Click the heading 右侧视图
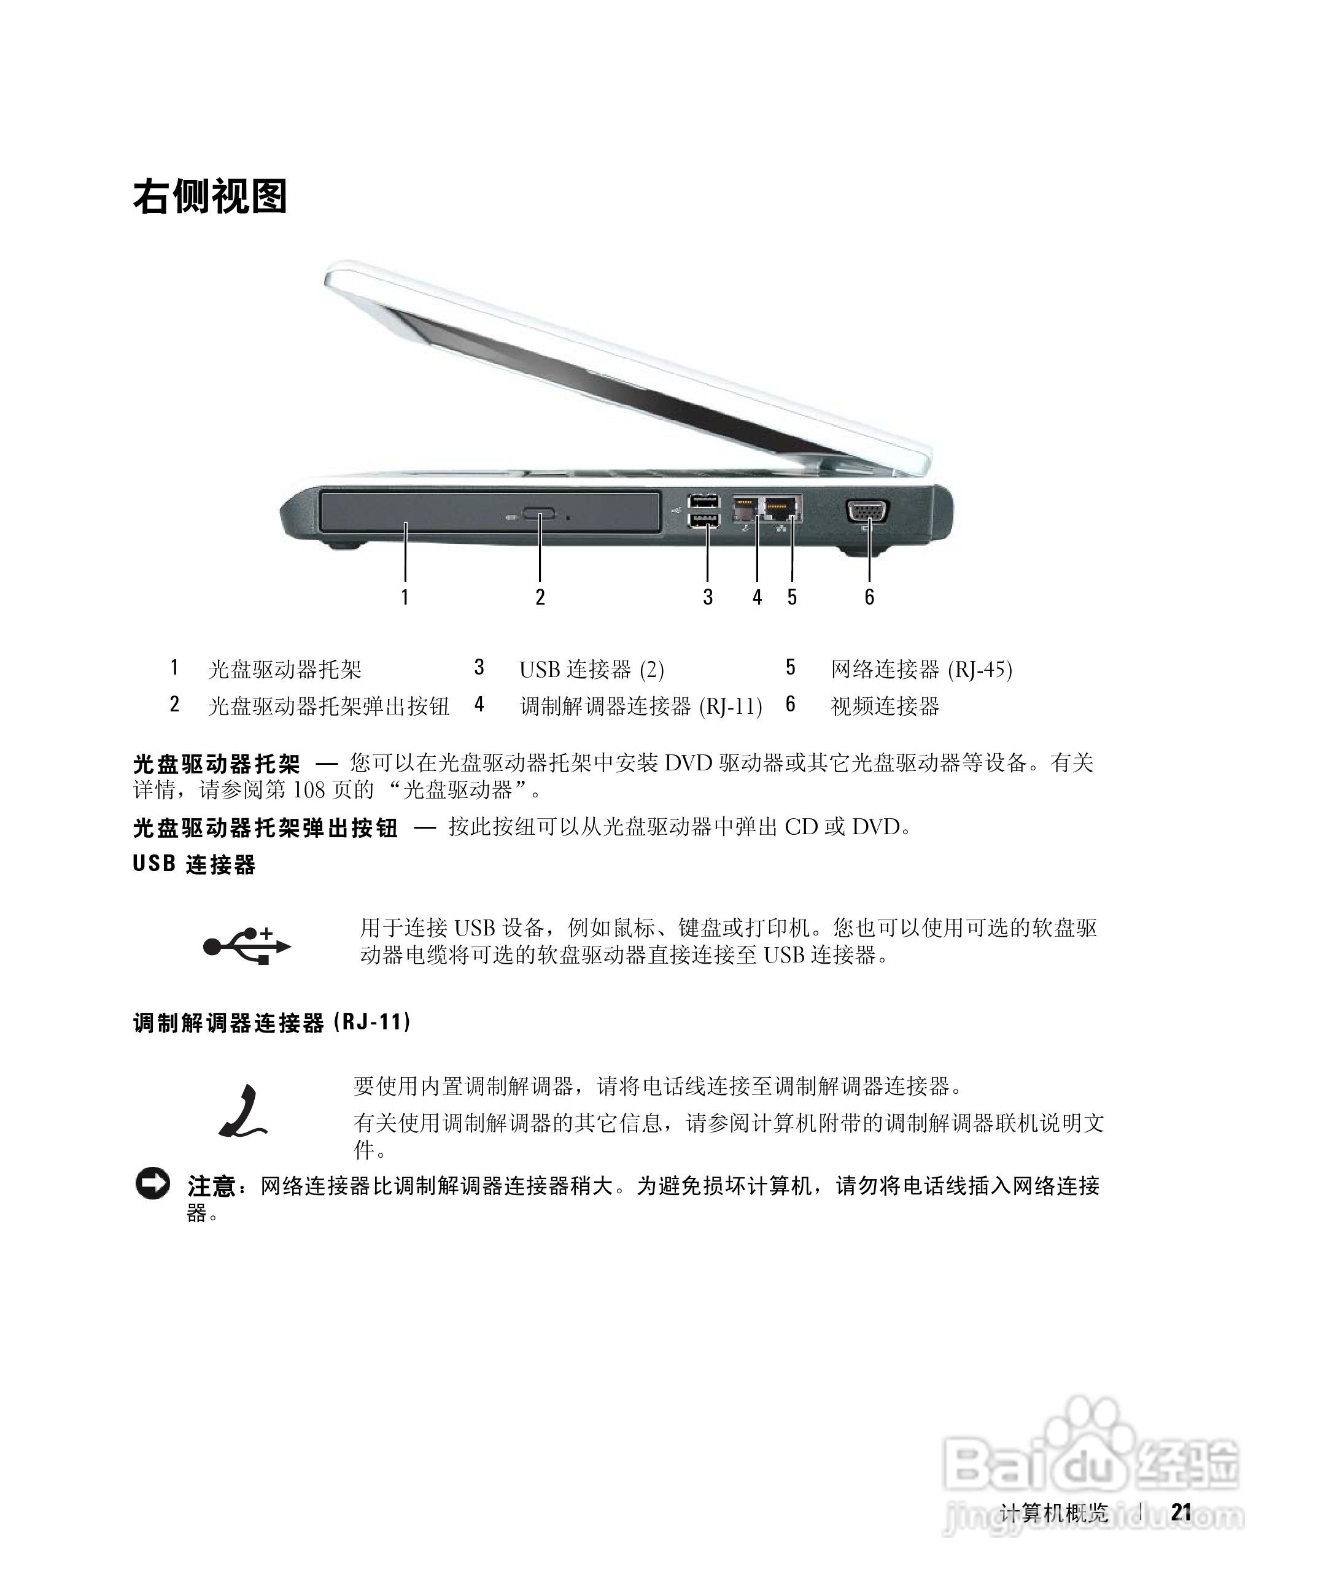click(210, 197)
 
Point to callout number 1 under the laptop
click(405, 597)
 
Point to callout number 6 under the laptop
click(869, 597)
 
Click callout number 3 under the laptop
click(708, 597)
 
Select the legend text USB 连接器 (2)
click(591, 670)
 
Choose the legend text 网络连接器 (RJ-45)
click(921, 670)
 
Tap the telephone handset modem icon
click(242, 1112)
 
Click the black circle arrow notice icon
click(153, 1184)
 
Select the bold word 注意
click(211, 1186)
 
